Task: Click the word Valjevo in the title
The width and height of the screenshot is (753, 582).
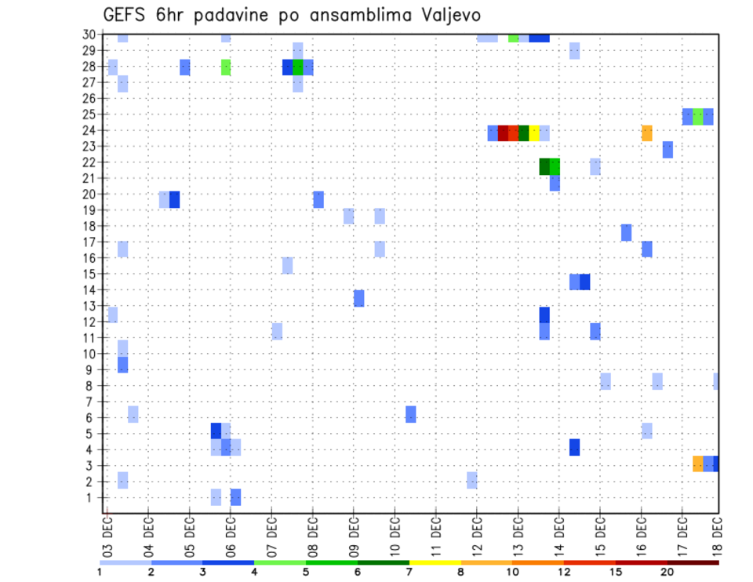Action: pos(449,15)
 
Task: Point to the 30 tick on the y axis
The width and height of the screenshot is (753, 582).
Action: pos(89,35)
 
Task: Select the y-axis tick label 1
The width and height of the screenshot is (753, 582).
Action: pos(93,497)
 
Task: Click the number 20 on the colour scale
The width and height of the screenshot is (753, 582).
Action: pos(667,572)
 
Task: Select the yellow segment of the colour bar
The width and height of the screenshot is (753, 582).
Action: pos(435,562)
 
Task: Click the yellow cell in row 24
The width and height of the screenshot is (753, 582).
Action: pos(533,133)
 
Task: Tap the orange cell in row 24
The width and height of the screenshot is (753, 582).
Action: pos(647,133)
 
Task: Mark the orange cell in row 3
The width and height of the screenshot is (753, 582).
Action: pos(697,464)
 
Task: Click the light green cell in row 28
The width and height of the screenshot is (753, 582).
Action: pos(226,67)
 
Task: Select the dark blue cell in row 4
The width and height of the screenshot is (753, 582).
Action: pos(574,447)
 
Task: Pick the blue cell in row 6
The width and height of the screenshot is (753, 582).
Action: pos(411,414)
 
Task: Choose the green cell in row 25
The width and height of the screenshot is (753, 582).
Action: pos(697,117)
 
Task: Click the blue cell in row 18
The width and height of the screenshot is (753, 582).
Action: pos(626,233)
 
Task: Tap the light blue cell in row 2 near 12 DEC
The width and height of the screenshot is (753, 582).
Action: pos(471,480)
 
